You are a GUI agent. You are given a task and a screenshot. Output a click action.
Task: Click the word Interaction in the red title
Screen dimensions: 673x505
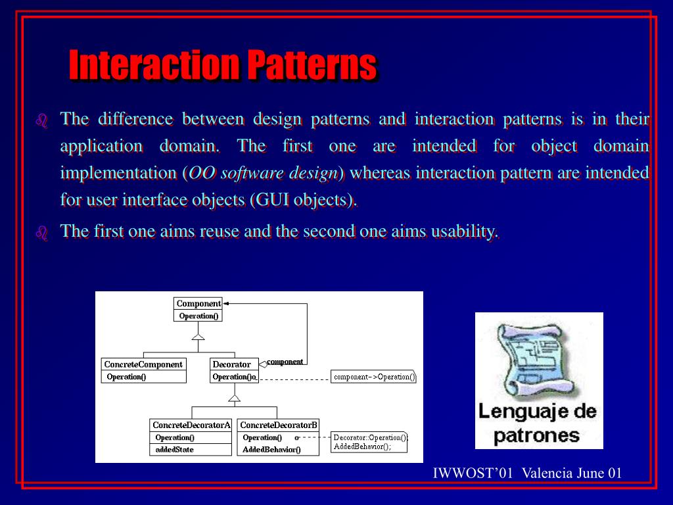154,64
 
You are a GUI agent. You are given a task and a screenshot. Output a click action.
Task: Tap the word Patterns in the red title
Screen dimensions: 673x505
312,64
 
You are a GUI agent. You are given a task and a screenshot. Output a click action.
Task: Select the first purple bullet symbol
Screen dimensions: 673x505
41,121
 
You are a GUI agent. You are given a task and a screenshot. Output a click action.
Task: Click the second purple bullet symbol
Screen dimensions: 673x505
41,233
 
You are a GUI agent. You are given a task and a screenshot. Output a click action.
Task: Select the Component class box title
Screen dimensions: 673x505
198,304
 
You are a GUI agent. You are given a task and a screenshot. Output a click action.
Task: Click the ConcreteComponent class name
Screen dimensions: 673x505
143,364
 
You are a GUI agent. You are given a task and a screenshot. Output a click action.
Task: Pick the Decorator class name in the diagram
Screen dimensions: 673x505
232,364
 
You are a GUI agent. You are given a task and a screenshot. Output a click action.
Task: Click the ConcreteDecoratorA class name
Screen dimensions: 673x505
191,425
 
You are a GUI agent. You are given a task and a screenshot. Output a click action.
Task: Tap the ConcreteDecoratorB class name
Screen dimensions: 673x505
279,425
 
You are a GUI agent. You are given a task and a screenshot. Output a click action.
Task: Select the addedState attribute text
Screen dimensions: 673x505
174,450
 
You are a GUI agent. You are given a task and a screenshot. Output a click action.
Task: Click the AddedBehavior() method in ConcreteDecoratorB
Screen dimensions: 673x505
271,450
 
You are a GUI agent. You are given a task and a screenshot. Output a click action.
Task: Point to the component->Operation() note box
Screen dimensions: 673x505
373,377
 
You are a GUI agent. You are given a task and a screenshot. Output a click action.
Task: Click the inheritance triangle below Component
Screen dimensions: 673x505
198,336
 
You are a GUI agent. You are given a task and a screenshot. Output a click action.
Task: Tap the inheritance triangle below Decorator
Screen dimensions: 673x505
235,398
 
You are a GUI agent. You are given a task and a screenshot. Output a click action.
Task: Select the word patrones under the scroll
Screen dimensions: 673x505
536,436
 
